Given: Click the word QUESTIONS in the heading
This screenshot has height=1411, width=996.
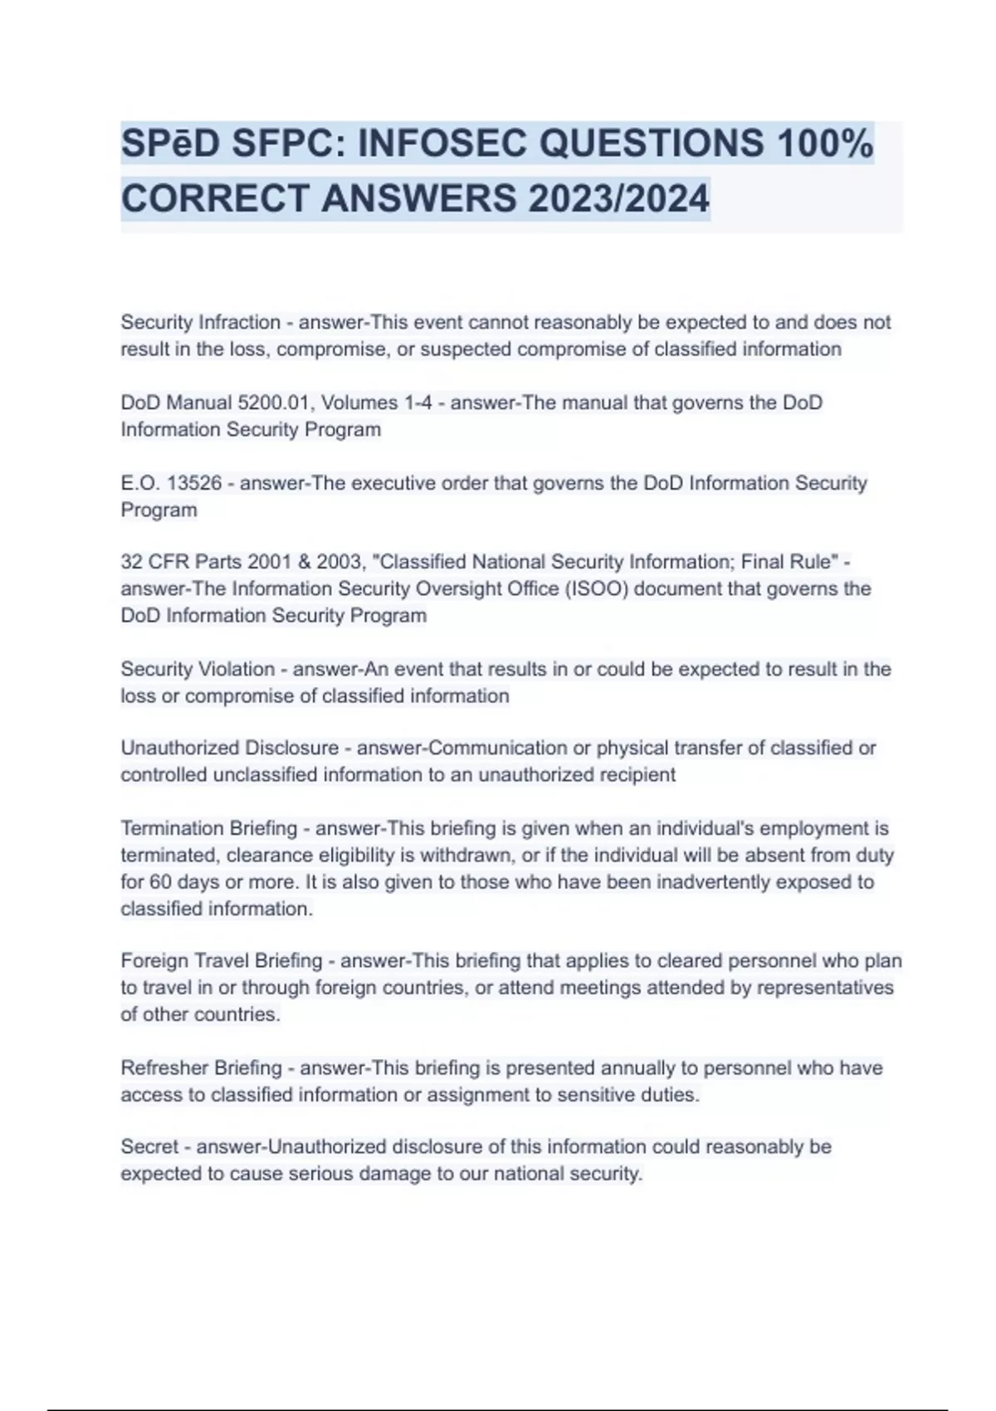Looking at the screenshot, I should (x=652, y=144).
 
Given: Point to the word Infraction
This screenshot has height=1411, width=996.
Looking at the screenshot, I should (x=241, y=322).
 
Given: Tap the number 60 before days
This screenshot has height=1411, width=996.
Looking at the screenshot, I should (x=163, y=881).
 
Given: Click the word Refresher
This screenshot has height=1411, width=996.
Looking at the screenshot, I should (x=160, y=1067).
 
